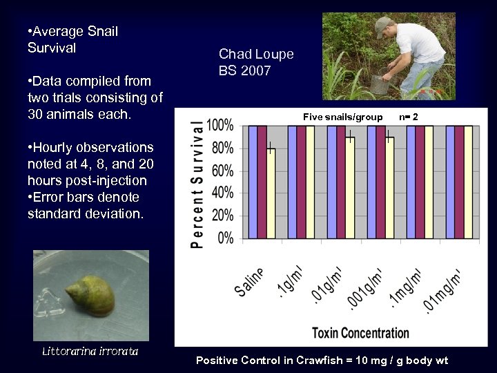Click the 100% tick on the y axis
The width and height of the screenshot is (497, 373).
coord(220,126)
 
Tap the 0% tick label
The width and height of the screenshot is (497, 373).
coord(226,238)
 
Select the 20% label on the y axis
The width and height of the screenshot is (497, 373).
coord(223,216)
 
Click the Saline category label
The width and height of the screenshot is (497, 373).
coord(250,282)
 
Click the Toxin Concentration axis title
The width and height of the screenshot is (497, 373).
coord(360,333)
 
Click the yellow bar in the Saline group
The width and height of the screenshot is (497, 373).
coord(271,193)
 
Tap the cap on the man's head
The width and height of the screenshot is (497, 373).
coord(382,26)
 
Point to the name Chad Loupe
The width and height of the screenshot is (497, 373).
coord(256,54)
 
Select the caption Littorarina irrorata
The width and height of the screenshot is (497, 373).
coord(90,352)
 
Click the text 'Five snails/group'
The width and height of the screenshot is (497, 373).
coord(342,117)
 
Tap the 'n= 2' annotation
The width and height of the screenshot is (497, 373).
coord(408,117)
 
